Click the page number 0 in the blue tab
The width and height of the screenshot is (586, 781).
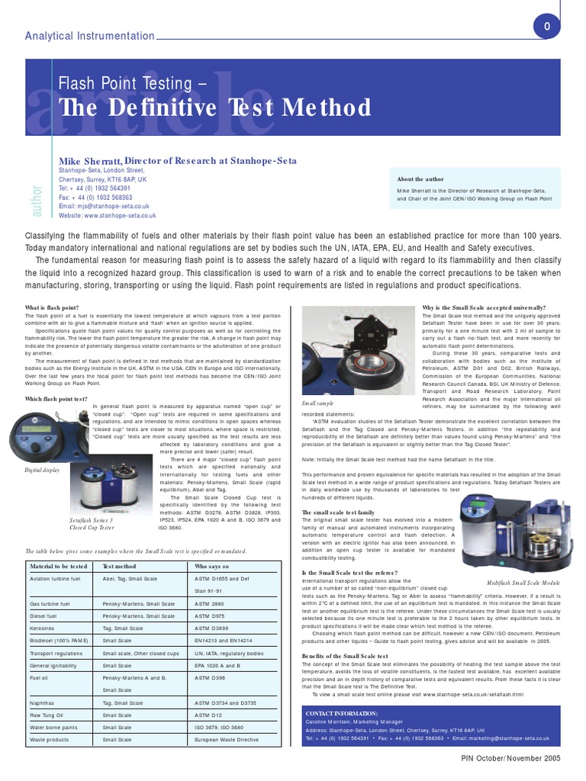point(546,27)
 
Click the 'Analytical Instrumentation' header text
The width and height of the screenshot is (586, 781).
point(89,36)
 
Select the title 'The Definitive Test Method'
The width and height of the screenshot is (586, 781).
point(215,108)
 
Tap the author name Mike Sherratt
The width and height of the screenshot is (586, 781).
point(90,162)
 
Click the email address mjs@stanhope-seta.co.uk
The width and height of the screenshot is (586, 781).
point(104,206)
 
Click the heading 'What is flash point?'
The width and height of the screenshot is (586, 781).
point(52,307)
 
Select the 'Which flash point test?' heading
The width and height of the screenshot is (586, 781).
point(56,398)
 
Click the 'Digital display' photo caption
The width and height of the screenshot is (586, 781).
point(43,471)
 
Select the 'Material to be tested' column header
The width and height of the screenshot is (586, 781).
point(58,567)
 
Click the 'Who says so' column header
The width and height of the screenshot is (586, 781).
point(211,567)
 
